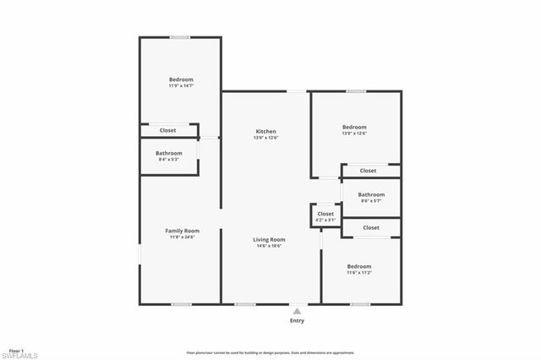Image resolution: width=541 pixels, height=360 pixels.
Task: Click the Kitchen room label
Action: pyautogui.click(x=266, y=131)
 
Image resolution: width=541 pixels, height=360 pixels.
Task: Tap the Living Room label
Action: pyautogui.click(x=269, y=239)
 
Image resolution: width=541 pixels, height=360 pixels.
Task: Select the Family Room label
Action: pyautogui.click(x=181, y=231)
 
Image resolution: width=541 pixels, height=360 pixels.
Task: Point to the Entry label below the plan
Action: pyautogui.click(x=297, y=320)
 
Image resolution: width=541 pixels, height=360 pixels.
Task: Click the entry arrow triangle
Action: pyautogui.click(x=297, y=310)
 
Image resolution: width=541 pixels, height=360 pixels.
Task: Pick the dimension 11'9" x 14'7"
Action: pyautogui.click(x=181, y=85)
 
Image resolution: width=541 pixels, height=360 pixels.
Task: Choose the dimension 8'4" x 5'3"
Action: pyautogui.click(x=169, y=160)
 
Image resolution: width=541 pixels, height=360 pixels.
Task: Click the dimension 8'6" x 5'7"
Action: pyautogui.click(x=371, y=200)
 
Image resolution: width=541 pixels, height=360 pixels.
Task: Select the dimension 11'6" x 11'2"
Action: pyautogui.click(x=358, y=273)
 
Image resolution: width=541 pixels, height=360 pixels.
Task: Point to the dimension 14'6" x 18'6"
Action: pyautogui.click(x=269, y=246)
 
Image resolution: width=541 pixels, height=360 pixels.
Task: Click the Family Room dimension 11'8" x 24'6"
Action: pyautogui.click(x=181, y=237)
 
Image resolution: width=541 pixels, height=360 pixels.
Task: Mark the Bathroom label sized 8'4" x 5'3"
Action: pyautogui.click(x=169, y=153)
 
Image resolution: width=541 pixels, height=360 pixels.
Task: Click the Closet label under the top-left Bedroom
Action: pyautogui.click(x=168, y=130)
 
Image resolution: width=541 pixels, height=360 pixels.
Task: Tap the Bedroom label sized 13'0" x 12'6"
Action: pyautogui.click(x=354, y=127)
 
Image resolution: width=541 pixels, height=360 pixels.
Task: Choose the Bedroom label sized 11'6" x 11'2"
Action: pyautogui.click(x=358, y=266)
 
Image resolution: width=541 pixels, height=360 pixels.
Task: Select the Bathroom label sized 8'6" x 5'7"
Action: pyautogui.click(x=371, y=194)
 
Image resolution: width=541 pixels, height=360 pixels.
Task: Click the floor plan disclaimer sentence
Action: pyautogui.click(x=270, y=352)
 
